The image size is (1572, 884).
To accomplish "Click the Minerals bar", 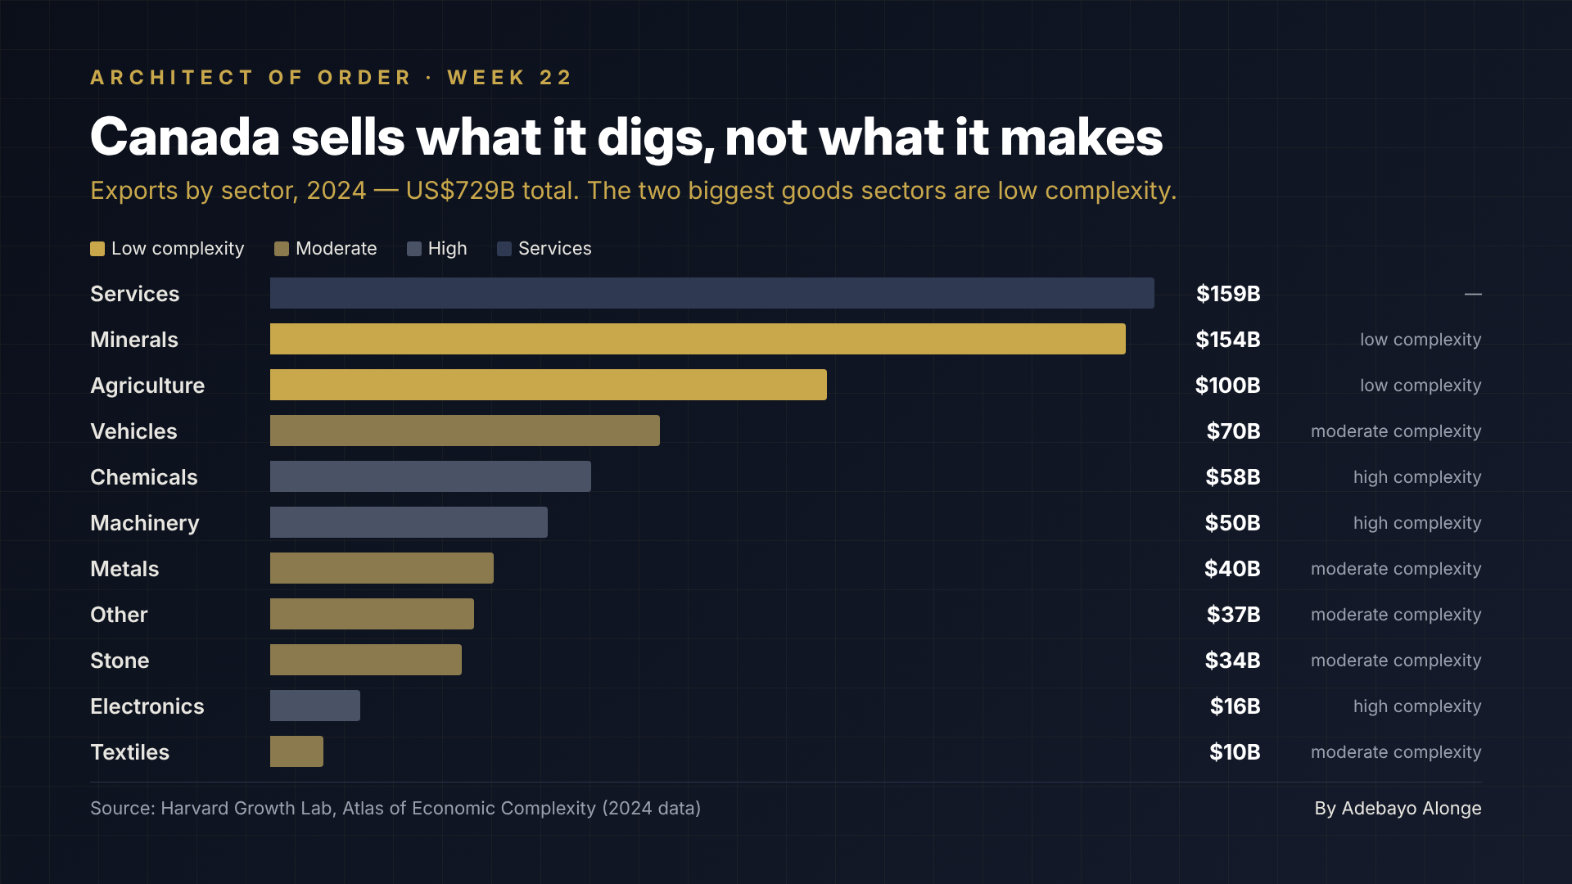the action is pos(698,339).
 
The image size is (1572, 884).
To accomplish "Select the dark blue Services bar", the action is pos(712,293).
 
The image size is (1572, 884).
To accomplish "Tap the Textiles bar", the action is pos(296,751).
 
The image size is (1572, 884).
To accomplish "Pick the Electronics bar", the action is pos(315,706).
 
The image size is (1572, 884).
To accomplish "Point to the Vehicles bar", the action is pos(465,431).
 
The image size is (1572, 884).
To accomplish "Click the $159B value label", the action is pos(1228,294).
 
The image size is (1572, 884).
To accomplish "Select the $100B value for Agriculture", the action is pos(1227,386).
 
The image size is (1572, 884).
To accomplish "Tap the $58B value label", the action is pos(1232,477).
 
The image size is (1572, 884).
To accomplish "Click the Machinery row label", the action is pos(145,524).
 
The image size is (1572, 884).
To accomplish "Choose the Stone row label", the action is pos(120,661).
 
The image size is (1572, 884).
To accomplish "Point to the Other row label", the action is pos(119,615).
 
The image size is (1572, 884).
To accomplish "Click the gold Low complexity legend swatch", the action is pos(97,249).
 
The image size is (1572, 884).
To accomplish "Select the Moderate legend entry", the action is pos(326,249).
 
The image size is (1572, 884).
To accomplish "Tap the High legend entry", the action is pos(437,249).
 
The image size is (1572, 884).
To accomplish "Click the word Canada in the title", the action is pos(185,137).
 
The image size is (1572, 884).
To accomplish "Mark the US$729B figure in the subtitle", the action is pos(460,191).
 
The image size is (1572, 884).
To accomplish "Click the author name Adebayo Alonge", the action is pos(1412,809).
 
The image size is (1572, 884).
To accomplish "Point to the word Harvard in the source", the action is pos(194,809).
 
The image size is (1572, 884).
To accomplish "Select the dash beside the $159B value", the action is pos(1473,294).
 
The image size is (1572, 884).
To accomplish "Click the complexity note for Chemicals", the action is pos(1417,477).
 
